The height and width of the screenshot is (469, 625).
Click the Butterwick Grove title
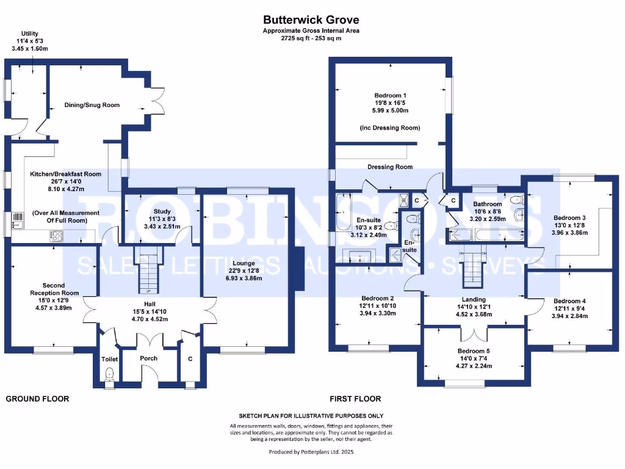click(x=311, y=20)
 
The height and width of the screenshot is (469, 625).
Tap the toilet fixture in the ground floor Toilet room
click(x=110, y=374)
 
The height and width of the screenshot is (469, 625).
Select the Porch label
click(x=148, y=358)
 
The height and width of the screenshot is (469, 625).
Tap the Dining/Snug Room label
click(x=92, y=105)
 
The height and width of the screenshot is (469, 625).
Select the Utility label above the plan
click(x=30, y=34)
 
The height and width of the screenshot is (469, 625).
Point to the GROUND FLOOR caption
click(x=37, y=399)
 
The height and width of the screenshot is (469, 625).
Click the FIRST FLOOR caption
click(x=355, y=399)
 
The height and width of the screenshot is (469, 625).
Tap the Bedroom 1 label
click(x=391, y=95)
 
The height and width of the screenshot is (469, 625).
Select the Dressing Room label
click(x=389, y=167)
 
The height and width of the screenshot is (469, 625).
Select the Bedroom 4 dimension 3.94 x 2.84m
click(x=569, y=316)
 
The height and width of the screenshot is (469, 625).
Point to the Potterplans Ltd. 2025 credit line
click(x=311, y=452)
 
